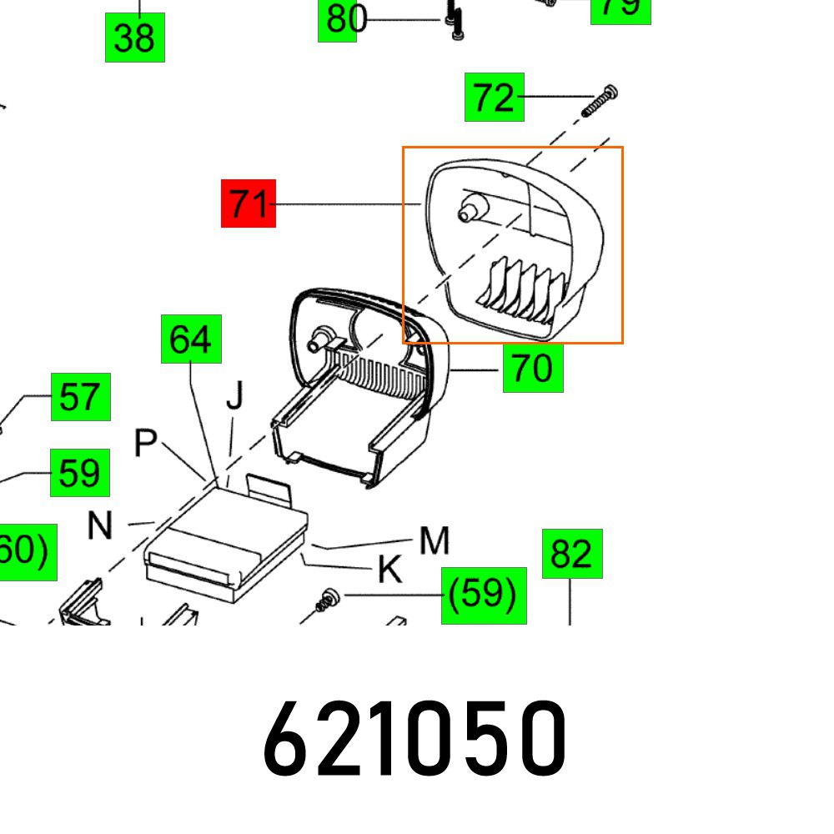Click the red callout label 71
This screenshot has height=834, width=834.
tap(248, 203)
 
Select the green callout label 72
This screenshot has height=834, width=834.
tap(495, 98)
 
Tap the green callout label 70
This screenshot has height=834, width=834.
tap(533, 367)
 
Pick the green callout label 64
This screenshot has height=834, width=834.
tap(191, 339)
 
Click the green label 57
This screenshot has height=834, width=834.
tap(80, 397)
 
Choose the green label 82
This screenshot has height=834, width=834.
tap(572, 553)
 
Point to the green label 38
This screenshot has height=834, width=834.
tap(134, 38)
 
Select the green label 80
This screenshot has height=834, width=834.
tap(341, 18)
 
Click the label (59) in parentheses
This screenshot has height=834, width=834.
tap(484, 595)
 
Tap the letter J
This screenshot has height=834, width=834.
tap(235, 397)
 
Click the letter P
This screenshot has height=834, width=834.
tap(146, 445)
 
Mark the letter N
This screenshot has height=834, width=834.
tap(100, 526)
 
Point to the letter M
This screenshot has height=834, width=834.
tap(435, 541)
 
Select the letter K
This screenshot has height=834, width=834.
tap(389, 570)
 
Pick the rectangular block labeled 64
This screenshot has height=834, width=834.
tap(225, 534)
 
